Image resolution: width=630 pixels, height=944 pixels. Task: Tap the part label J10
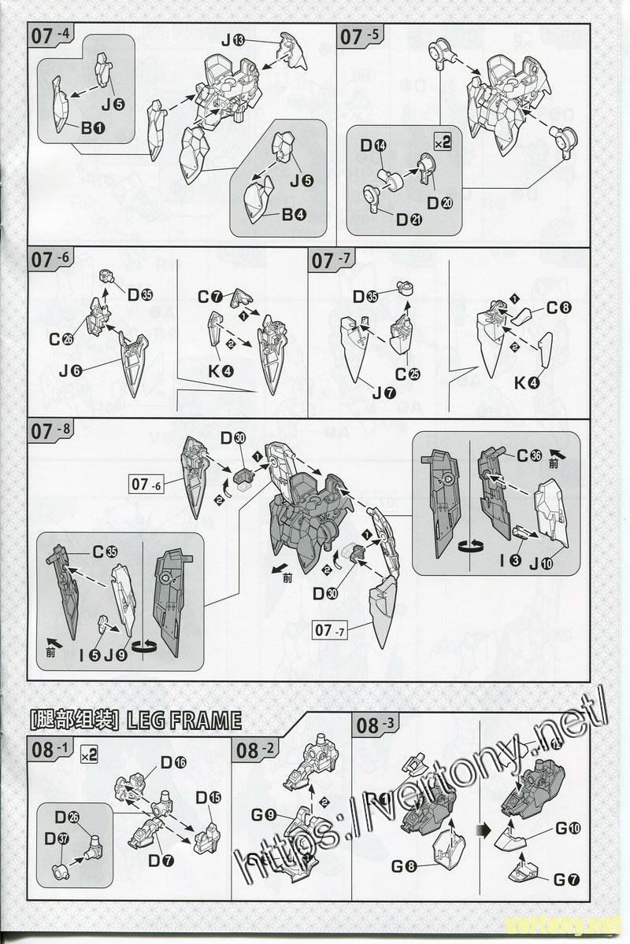click(542, 562)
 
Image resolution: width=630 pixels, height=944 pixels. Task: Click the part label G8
click(403, 868)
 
